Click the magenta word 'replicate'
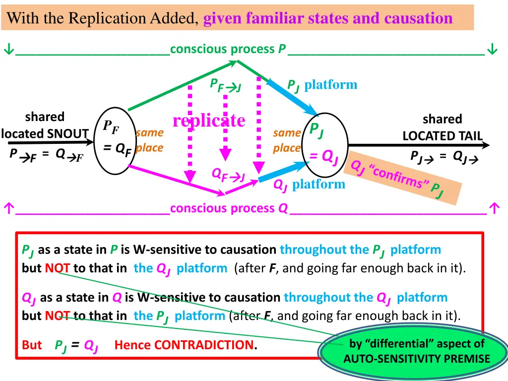pyautogui.click(x=209, y=121)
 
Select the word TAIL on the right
pyautogui.click(x=469, y=136)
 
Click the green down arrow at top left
pyautogui.click(x=8, y=50)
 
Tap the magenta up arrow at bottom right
pyautogui.click(x=493, y=209)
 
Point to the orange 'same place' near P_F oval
pyautogui.click(x=149, y=140)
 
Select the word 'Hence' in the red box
pyautogui.click(x=132, y=345)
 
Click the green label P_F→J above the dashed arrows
pyautogui.click(x=226, y=86)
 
